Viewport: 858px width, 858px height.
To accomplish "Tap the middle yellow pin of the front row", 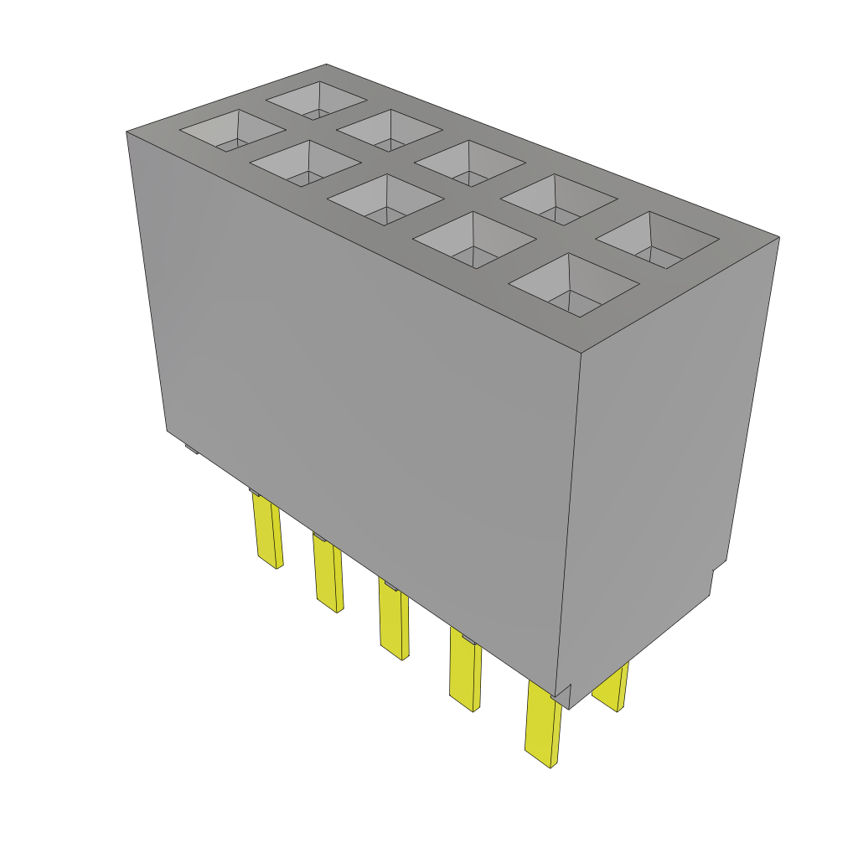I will (x=393, y=619).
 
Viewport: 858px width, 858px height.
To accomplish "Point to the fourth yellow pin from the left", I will (x=465, y=669).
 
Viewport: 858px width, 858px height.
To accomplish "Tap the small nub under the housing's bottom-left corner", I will (x=191, y=449).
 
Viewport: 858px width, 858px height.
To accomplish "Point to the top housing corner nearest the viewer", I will (x=581, y=350).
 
